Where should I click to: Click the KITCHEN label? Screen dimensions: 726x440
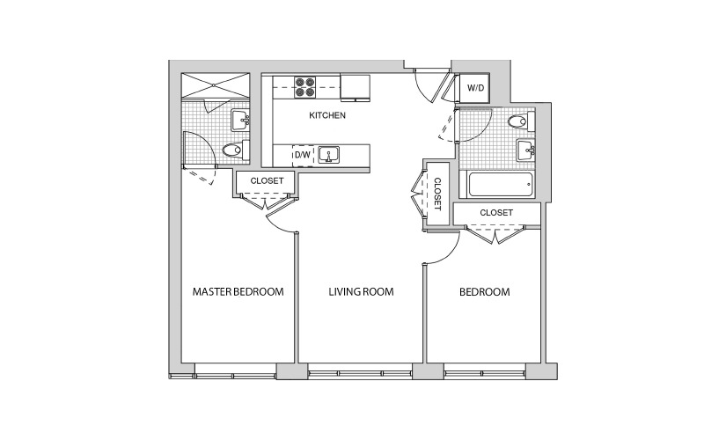pos(326,115)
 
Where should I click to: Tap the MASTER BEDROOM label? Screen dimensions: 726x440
pos(238,292)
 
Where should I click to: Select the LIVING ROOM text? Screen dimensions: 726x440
pos(361,292)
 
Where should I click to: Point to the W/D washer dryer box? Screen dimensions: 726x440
pos(475,88)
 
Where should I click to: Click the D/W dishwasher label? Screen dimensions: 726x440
pos(303,155)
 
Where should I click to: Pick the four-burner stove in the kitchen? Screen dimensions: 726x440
pos(304,87)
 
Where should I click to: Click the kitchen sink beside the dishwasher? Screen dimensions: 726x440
pos(329,155)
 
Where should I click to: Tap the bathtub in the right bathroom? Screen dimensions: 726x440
pos(501,185)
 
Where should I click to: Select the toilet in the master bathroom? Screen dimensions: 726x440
pos(235,150)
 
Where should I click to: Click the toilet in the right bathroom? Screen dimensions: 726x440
pos(521,121)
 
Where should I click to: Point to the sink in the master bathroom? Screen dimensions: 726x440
pos(240,121)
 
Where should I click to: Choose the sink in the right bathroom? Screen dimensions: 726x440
pos(526,150)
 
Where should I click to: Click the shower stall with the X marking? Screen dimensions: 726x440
pos(216,85)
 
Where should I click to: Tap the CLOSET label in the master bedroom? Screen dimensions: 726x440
pos(267,180)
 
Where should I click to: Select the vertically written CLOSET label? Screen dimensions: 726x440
pos(437,194)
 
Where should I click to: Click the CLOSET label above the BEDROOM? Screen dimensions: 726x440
pos(496,213)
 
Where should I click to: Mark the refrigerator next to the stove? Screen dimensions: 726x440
pos(356,87)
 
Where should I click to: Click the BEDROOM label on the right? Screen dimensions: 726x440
pos(484,292)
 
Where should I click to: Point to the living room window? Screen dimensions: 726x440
pos(360,371)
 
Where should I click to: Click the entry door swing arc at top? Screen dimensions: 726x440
pos(422,91)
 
